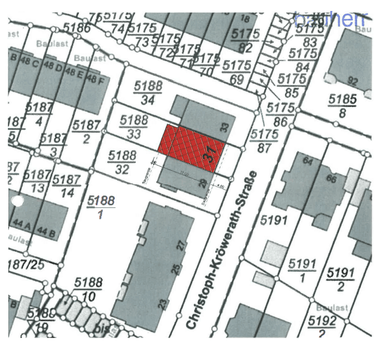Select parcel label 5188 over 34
(x=148, y=92)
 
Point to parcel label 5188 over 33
(x=134, y=126)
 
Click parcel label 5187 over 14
(x=67, y=187)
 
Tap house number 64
(x=308, y=161)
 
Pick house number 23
(x=163, y=303)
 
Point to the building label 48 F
(x=91, y=79)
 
